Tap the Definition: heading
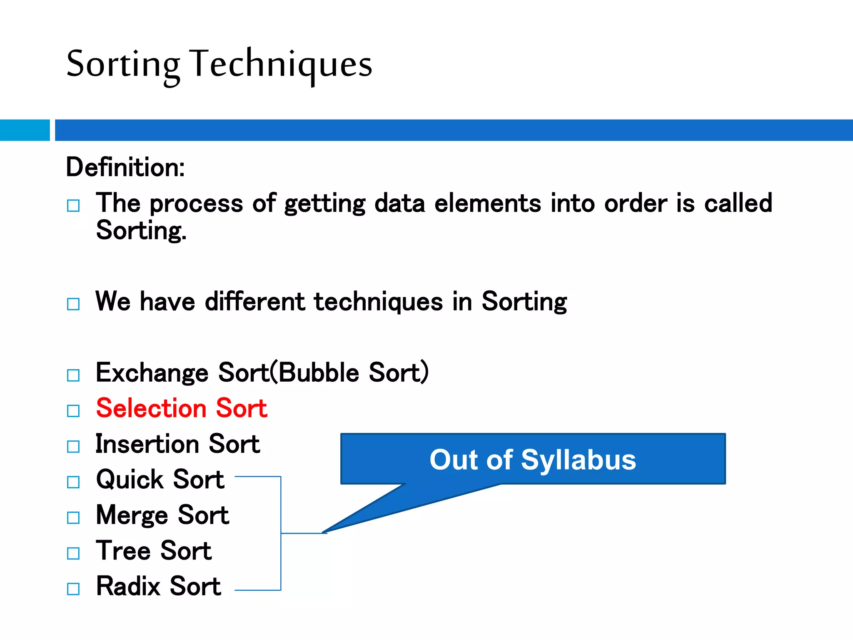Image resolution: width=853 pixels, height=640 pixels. [125, 167]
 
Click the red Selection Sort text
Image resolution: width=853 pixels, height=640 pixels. [182, 408]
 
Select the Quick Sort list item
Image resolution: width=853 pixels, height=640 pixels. [160, 479]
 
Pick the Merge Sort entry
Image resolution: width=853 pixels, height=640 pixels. [162, 515]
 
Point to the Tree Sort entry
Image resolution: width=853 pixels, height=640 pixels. [154, 550]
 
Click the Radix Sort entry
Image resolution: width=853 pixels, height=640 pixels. [158, 586]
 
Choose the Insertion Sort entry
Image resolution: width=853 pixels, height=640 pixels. [178, 444]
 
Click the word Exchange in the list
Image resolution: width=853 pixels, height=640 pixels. [152, 372]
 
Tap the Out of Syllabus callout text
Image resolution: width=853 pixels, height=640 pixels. [533, 460]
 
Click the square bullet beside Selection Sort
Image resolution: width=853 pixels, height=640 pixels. [73, 411]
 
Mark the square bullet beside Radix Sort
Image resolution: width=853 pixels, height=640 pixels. [73, 589]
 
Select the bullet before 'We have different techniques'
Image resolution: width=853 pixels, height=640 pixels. [73, 304]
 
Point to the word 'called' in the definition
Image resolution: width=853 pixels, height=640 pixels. [738, 204]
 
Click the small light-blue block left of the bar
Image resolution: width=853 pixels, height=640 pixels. [25, 130]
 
